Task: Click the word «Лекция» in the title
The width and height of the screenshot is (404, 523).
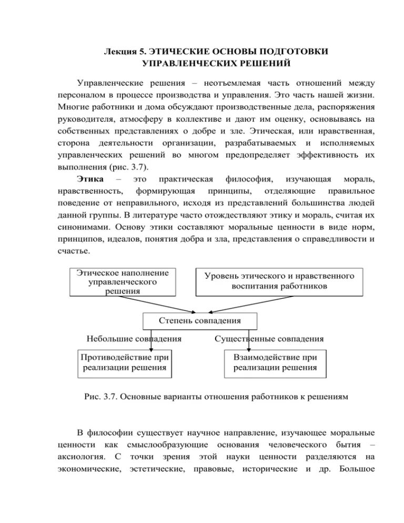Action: (x=119, y=52)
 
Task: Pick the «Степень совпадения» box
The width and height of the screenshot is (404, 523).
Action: (x=200, y=321)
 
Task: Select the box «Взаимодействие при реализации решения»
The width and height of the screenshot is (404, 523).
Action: (x=275, y=363)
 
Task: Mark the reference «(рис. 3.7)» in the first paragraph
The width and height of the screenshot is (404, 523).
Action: (x=129, y=167)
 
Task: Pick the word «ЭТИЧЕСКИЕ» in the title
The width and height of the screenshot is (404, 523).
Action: (x=177, y=52)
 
